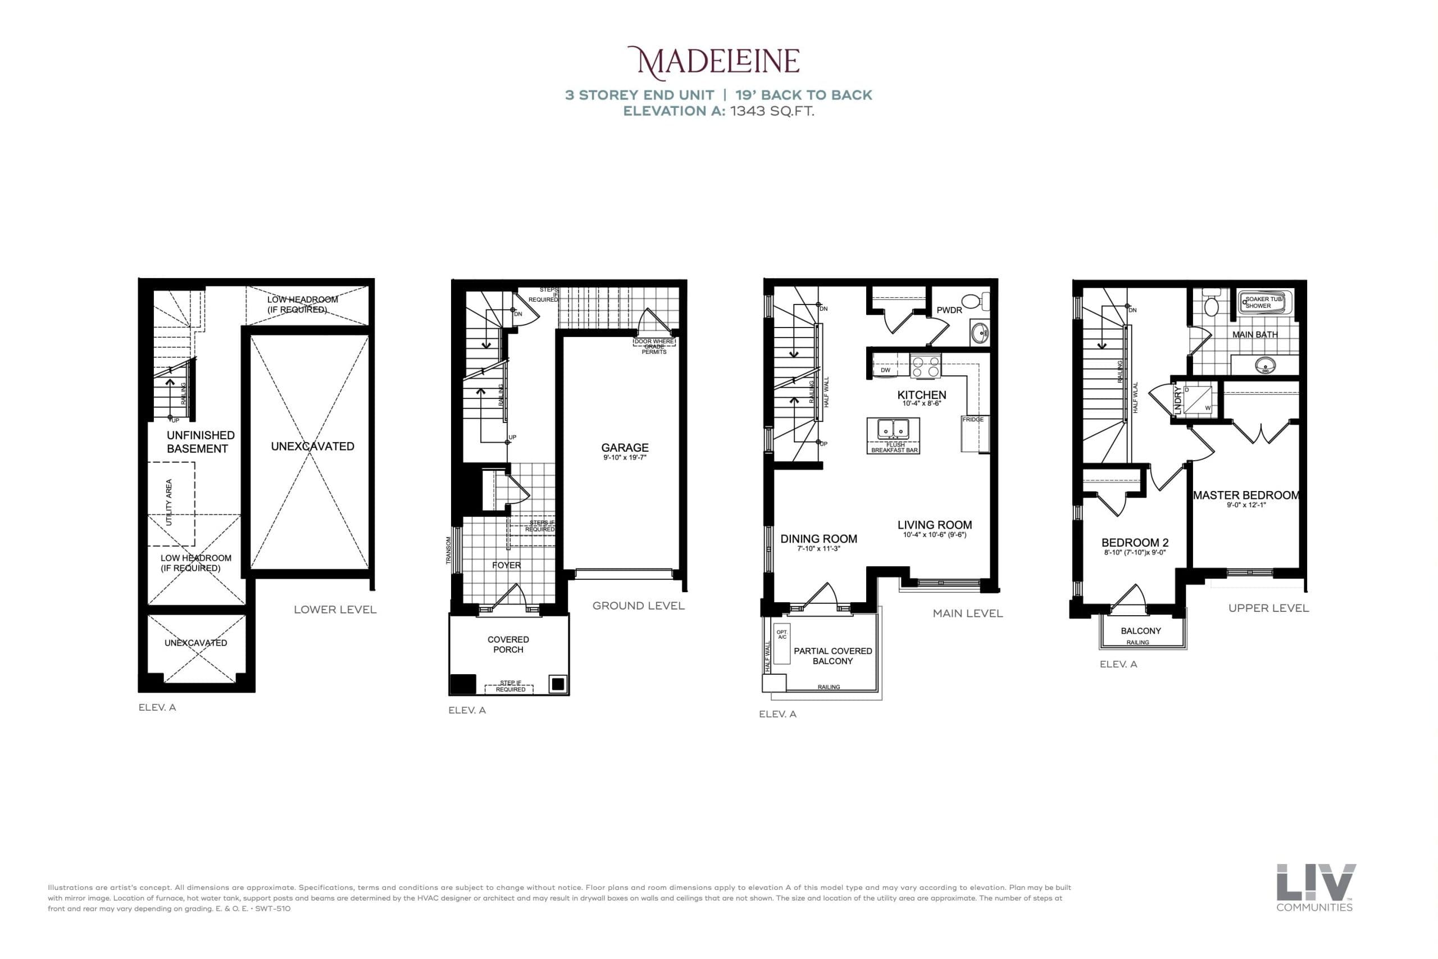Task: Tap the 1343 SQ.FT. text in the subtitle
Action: (x=772, y=111)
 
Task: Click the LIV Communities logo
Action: (x=1316, y=888)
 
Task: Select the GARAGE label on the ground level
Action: (x=624, y=448)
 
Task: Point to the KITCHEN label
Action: (x=921, y=395)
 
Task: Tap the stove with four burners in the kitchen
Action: (x=926, y=366)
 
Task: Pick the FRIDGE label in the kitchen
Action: (x=973, y=420)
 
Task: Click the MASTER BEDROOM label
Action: (x=1245, y=496)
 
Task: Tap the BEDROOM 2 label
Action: (x=1135, y=543)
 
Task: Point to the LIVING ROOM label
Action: (x=934, y=525)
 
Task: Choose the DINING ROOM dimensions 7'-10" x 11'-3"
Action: (x=818, y=549)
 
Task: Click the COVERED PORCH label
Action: (x=508, y=644)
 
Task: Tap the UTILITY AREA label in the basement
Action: (x=169, y=502)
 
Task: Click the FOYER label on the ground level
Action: (x=506, y=565)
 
